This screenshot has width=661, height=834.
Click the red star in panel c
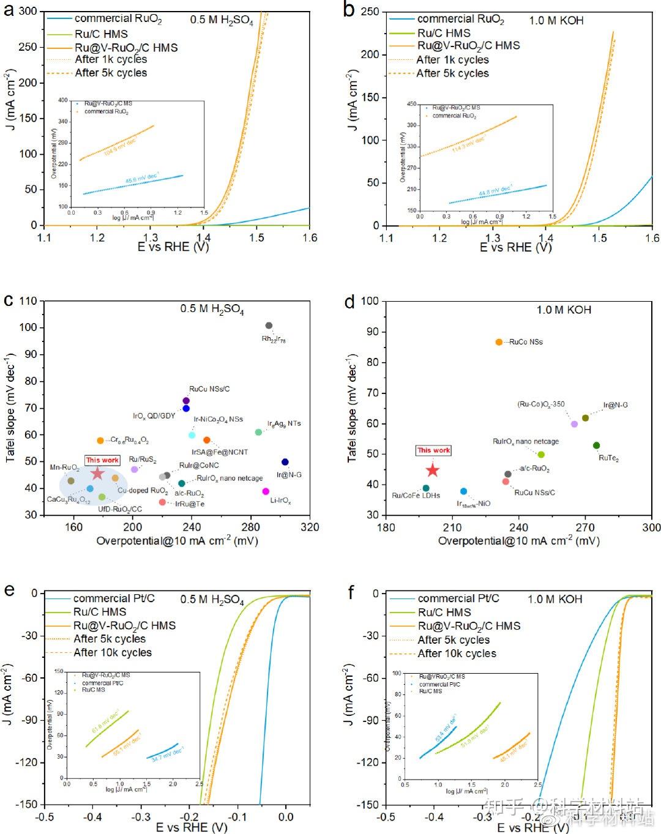point(97,474)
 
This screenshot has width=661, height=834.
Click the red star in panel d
point(433,470)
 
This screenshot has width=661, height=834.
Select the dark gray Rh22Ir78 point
point(269,326)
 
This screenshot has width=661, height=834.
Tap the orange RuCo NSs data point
point(499,342)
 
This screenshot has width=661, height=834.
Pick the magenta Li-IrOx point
point(266,491)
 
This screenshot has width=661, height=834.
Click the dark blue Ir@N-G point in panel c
point(285,462)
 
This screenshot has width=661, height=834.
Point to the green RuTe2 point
point(597,445)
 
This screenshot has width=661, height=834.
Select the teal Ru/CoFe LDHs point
point(426,488)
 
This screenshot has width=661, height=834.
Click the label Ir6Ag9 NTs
point(284,423)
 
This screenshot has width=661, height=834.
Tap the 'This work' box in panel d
point(433,450)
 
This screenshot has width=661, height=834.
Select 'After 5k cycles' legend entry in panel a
point(111,73)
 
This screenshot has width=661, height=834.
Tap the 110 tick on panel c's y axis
point(28,301)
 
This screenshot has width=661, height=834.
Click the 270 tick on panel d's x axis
point(585,527)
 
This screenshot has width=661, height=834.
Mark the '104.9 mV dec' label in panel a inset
point(120,147)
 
